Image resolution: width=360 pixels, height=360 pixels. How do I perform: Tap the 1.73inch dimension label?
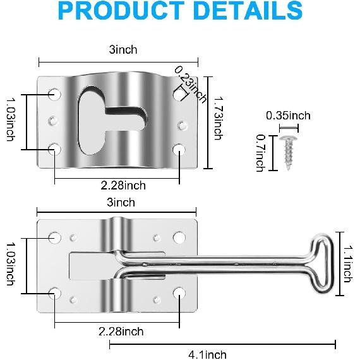217,118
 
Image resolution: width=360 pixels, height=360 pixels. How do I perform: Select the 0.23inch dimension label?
191,84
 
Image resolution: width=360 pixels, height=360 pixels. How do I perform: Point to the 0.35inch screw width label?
288,116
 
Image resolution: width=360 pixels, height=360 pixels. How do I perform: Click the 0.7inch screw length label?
260,152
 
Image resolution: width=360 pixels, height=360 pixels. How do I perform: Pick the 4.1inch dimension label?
207,354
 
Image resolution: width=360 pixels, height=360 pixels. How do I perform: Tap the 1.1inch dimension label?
347,263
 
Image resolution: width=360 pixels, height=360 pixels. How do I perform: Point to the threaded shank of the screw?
289,155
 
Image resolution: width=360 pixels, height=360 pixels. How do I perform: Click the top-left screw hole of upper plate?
55,95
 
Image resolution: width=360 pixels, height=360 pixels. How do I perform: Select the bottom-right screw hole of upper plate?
179,150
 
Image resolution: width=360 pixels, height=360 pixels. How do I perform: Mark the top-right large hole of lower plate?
179,237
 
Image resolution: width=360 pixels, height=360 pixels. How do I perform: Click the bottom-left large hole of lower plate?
54,292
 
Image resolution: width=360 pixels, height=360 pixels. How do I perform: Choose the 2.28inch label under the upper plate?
123,185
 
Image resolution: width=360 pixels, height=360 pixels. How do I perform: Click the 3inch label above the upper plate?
123,49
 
